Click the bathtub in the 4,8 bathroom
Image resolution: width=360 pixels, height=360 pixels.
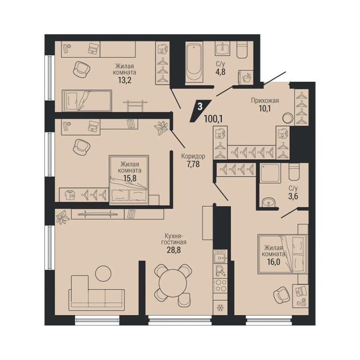point(194,61)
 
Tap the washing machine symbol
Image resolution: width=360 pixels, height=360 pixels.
point(246,77)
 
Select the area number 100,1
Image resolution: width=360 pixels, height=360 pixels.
point(213,119)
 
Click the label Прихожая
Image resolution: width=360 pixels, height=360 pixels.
point(265,101)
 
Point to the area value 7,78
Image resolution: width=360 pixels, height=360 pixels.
point(193,164)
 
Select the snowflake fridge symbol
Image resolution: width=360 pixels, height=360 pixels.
point(220,307)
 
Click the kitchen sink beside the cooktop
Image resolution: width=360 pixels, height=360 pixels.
point(220,256)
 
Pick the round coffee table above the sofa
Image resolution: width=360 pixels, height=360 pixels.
point(103,273)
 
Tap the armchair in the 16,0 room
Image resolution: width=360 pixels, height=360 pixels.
point(281,294)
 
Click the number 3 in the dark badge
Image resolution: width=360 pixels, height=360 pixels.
point(200,106)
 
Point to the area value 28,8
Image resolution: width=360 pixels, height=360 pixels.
point(173,250)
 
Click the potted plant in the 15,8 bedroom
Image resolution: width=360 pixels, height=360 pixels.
point(161,127)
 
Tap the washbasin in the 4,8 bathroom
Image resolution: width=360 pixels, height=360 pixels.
point(222,48)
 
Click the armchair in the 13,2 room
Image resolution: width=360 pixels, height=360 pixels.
point(81,69)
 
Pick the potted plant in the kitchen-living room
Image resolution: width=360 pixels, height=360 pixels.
point(63,217)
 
